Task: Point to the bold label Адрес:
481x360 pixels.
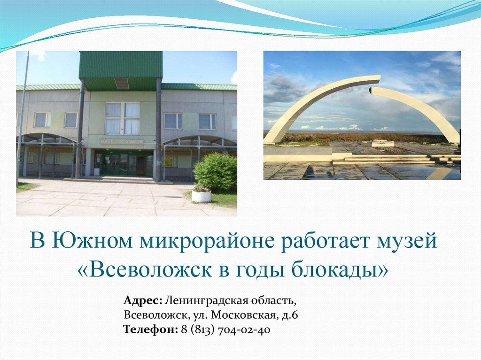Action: pos(143,300)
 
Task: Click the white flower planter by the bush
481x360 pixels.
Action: pos(202,195)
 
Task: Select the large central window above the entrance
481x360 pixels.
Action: pos(122,118)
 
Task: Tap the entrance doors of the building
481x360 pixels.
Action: pos(123,164)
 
